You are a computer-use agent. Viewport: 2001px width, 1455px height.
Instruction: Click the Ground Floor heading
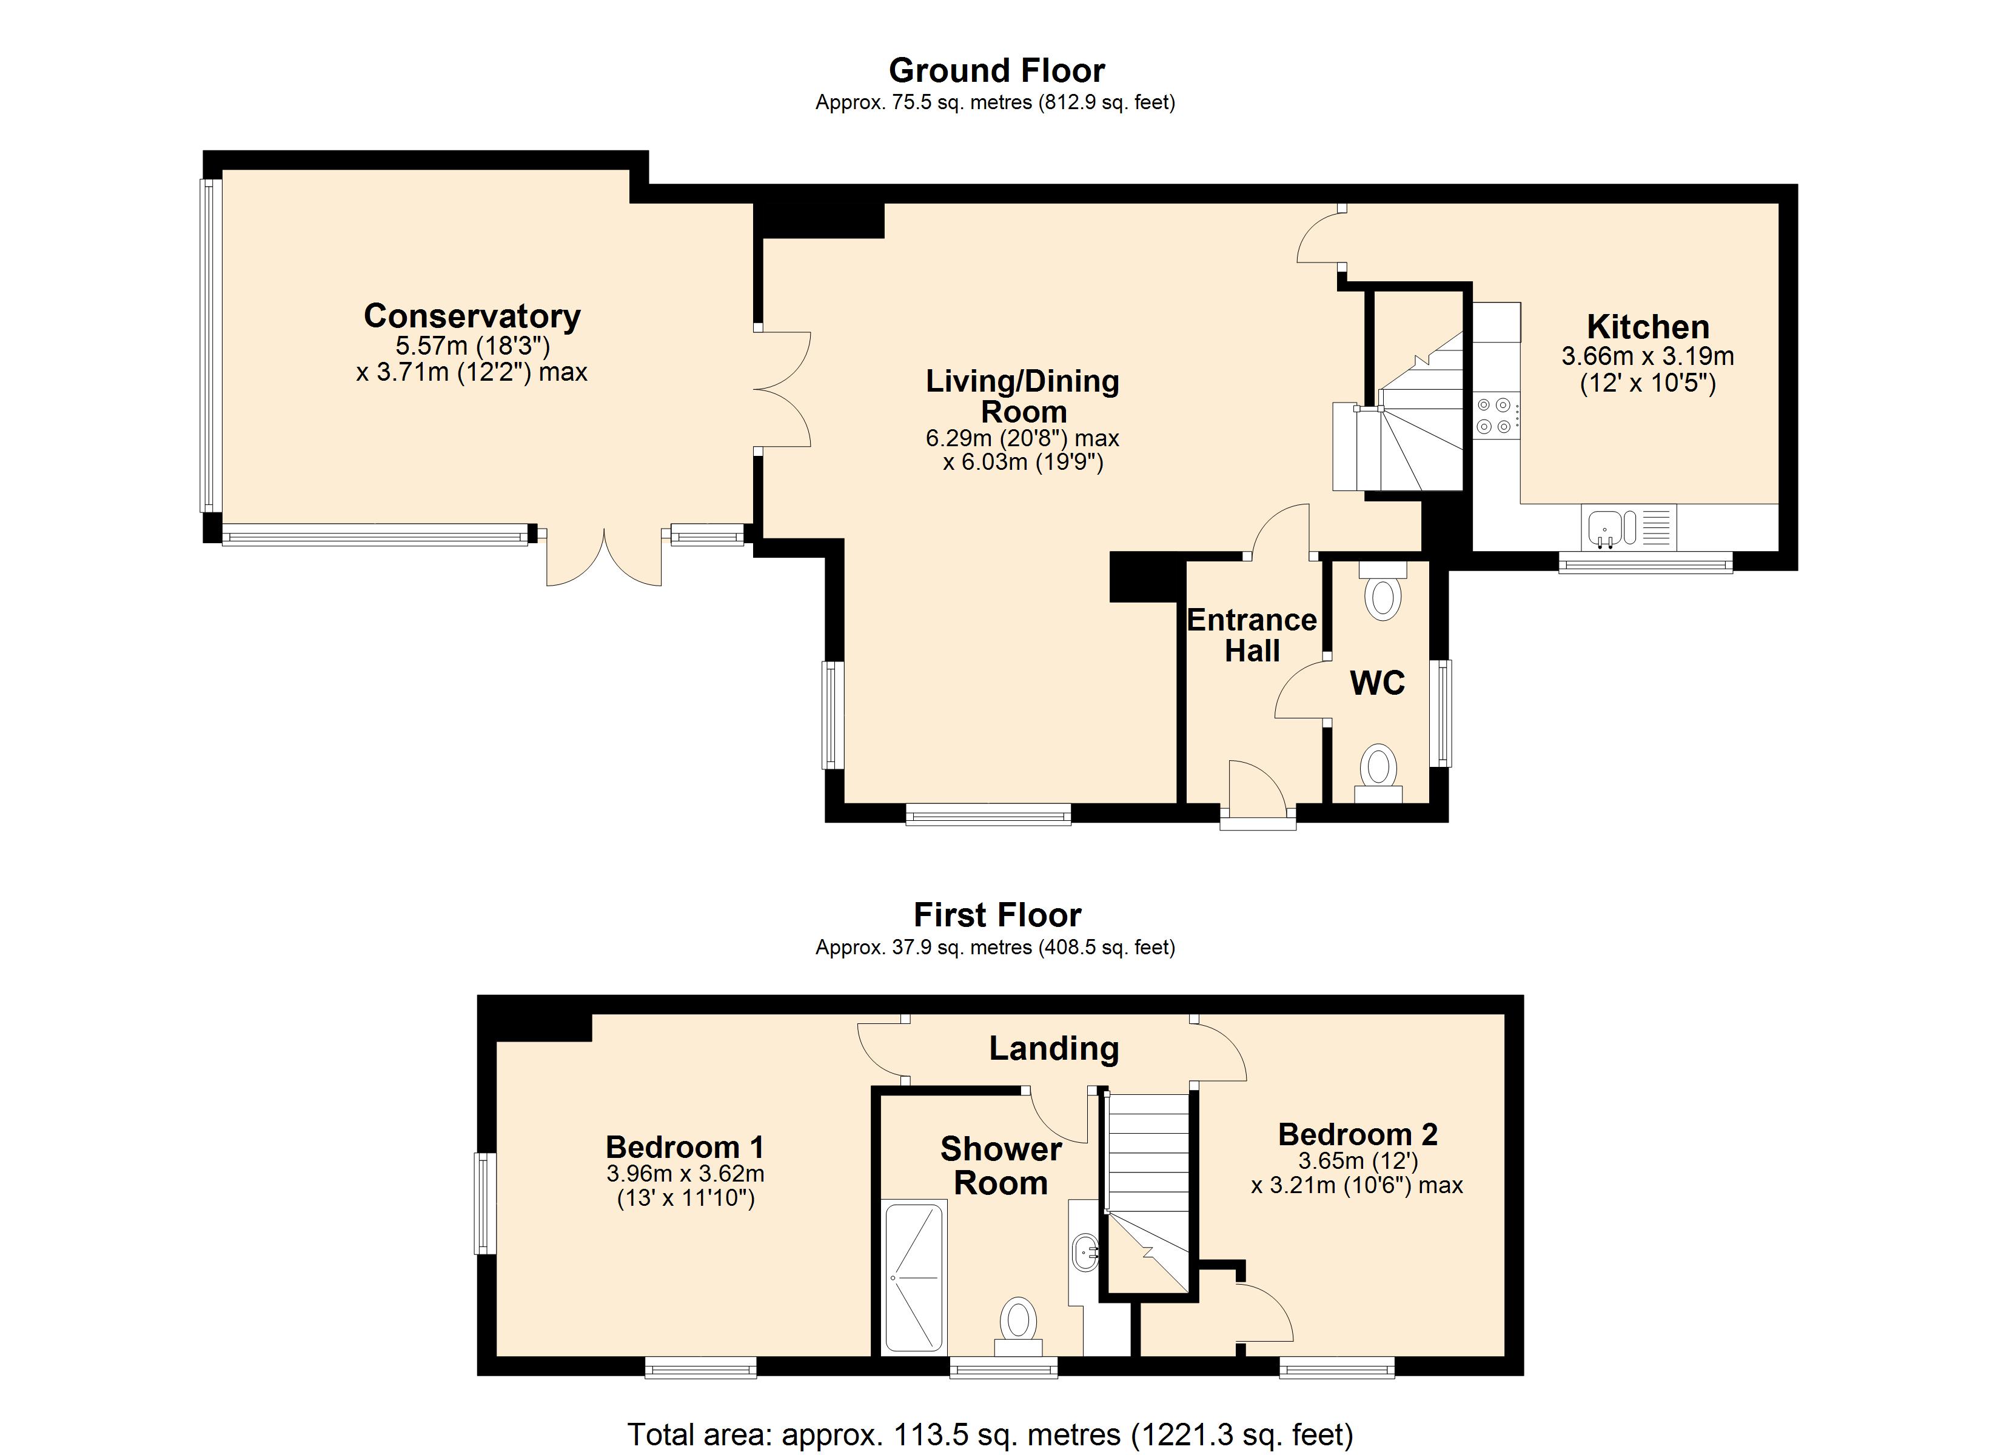point(996,70)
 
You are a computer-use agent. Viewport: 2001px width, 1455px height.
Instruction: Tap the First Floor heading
point(997,915)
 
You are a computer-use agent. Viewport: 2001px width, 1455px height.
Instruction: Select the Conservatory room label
point(472,316)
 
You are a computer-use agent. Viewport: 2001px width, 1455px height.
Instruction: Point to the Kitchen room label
point(1648,327)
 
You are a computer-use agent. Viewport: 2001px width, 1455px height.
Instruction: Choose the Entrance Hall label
point(1252,635)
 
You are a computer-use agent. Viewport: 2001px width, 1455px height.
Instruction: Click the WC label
point(1377,683)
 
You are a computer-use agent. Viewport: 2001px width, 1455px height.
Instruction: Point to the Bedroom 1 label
point(685,1147)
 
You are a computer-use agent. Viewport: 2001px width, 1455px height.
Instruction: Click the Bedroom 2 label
point(1358,1134)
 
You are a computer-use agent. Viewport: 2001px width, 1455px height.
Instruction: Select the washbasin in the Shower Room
point(1085,1251)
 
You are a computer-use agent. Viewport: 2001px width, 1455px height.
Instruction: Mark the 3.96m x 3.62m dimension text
point(686,1174)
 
